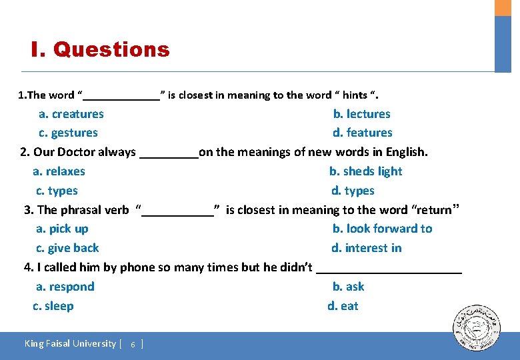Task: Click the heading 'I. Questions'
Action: (x=100, y=49)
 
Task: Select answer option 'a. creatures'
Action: (x=71, y=114)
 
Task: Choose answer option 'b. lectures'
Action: (x=361, y=114)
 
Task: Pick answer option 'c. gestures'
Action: (x=68, y=133)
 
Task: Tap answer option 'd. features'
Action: (x=363, y=133)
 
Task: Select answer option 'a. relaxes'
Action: (x=59, y=171)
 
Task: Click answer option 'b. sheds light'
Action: (x=365, y=171)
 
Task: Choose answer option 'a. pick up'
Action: (x=62, y=229)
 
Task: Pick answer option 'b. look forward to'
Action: (x=382, y=229)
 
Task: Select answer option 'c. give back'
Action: (x=67, y=248)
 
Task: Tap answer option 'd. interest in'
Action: (x=367, y=248)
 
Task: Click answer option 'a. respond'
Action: (x=65, y=287)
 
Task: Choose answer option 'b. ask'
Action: (x=348, y=287)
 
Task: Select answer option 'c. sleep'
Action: (x=53, y=306)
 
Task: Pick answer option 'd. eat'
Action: (x=343, y=306)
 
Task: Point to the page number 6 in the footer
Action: (x=133, y=345)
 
